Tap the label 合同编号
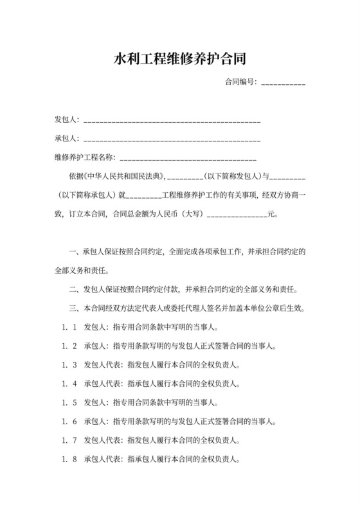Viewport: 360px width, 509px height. (x=240, y=82)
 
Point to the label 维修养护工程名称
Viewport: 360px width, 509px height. (x=84, y=157)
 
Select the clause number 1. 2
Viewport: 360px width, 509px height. (x=70, y=346)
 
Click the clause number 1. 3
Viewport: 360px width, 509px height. (x=70, y=365)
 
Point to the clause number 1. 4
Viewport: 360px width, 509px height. (x=70, y=384)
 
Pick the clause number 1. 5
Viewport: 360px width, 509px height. (x=70, y=403)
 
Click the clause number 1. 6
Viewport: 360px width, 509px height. (x=70, y=422)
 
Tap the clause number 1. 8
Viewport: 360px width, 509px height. (x=70, y=460)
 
